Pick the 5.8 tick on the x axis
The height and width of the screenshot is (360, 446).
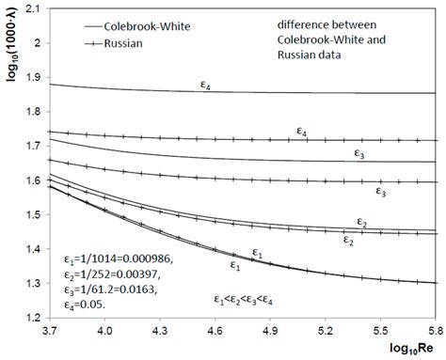(435, 330)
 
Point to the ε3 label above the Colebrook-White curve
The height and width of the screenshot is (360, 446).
(360, 153)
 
